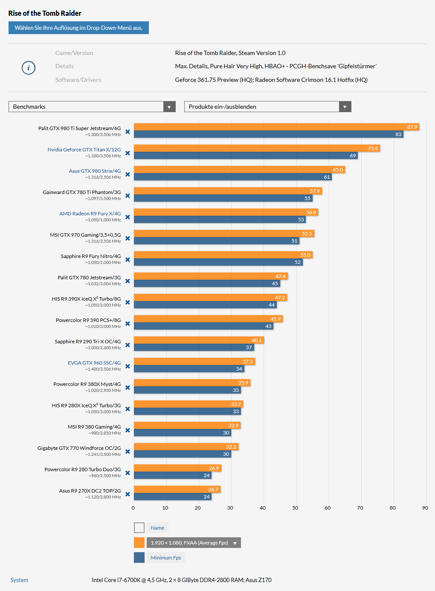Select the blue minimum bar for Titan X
(246, 156)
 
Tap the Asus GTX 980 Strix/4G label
(95, 171)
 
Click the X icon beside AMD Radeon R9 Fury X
(128, 217)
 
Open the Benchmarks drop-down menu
(92, 107)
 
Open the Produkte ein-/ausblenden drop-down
(267, 107)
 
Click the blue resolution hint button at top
(78, 28)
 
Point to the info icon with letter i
(29, 68)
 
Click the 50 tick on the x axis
(295, 508)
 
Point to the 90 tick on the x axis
(425, 508)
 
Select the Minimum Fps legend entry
(165, 558)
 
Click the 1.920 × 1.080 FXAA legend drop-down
(194, 543)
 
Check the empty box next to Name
(139, 528)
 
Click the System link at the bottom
(19, 580)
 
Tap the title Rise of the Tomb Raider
(45, 13)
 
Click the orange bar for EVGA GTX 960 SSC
(194, 362)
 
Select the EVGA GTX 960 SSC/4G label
(94, 363)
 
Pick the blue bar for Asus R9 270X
(173, 497)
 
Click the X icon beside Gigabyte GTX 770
(128, 452)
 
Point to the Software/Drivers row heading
(78, 80)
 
